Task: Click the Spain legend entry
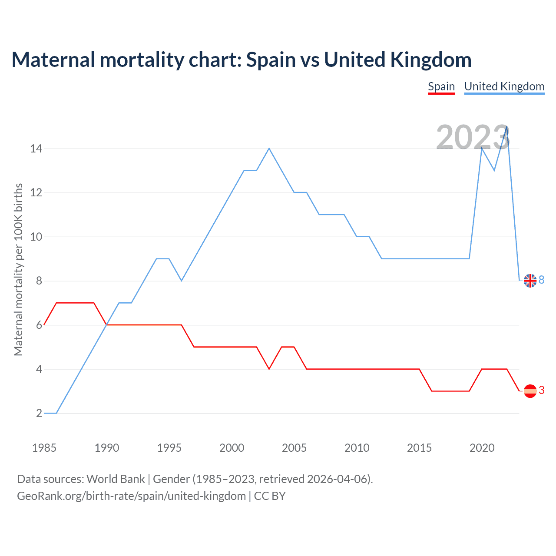[x=441, y=86]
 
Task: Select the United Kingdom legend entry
[x=504, y=86]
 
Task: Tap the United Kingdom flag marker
[x=530, y=281]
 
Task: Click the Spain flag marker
[x=530, y=391]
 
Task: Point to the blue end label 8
[x=542, y=280]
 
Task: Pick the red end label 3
[x=542, y=391]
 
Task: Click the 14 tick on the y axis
[x=36, y=149]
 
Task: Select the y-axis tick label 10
[x=36, y=237]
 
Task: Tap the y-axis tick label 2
[x=39, y=414]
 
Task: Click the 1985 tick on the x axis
[x=44, y=448]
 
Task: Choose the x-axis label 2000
[x=232, y=448]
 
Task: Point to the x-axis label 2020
[x=482, y=448]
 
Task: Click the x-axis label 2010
[x=357, y=448]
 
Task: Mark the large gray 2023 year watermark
[x=473, y=137]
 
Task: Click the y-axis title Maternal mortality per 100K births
[x=18, y=269]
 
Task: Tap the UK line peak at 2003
[x=269, y=149]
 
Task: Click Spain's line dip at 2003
[x=269, y=369]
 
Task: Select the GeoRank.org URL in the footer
[x=131, y=496]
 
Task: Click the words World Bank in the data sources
[x=116, y=479]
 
